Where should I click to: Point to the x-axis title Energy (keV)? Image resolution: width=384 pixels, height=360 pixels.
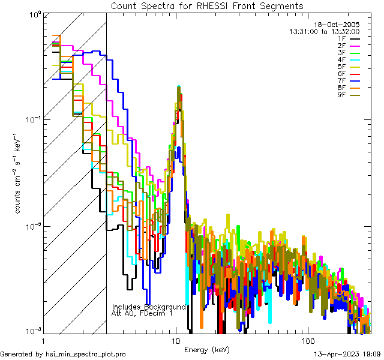(207, 350)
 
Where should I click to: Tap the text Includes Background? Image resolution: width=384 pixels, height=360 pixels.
(148, 307)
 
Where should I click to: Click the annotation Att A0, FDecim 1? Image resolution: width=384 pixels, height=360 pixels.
(142, 313)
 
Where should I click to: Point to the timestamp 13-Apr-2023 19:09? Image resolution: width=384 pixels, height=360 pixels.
(347, 355)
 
